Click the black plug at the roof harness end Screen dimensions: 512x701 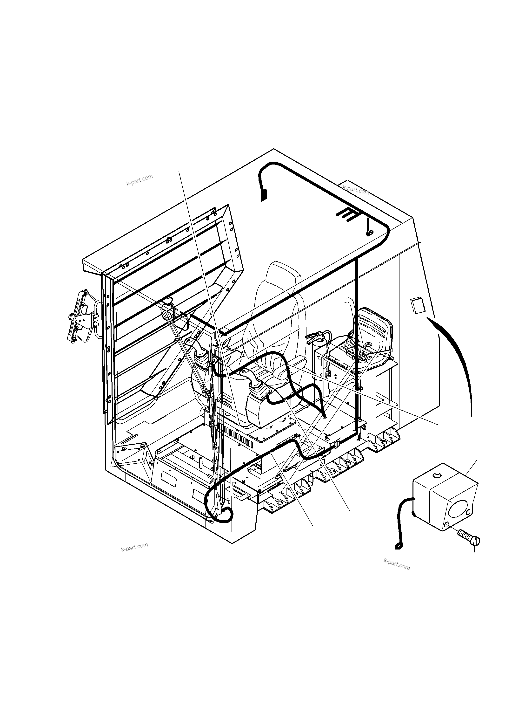(263, 195)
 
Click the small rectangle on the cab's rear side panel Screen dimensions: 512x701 (418, 305)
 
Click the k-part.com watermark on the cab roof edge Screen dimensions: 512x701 (356, 190)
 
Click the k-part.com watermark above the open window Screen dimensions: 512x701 (140, 180)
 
